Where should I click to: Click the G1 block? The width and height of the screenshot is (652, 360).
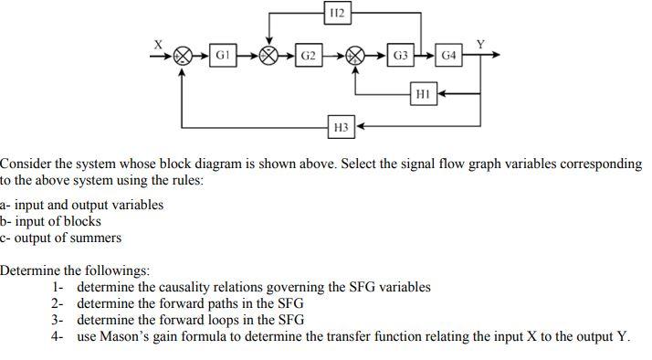click(222, 55)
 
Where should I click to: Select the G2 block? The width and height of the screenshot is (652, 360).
click(309, 55)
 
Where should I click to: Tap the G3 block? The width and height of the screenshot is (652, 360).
click(401, 55)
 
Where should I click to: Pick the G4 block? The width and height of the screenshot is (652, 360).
click(448, 55)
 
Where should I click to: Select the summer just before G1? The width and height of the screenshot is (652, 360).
click(184, 55)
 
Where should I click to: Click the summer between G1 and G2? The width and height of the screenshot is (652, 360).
click(269, 55)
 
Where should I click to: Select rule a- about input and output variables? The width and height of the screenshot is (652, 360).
click(82, 205)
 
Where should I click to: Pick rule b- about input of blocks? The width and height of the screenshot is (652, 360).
click(51, 221)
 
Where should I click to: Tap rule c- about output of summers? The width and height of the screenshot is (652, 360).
click(61, 238)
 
